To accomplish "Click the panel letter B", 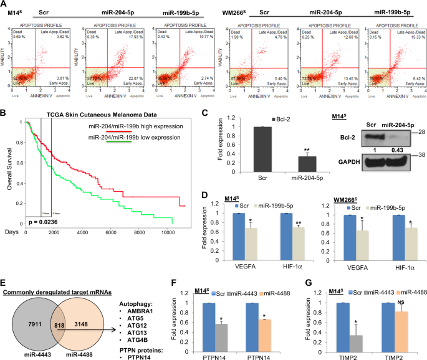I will tap(4, 114).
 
